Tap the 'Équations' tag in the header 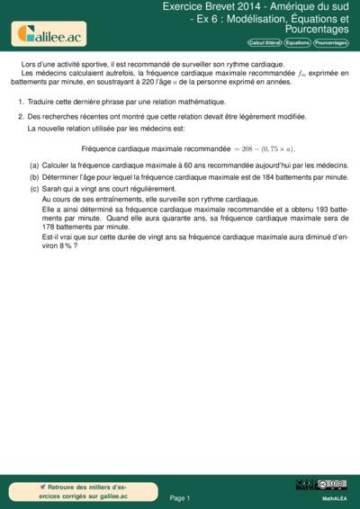(297, 43)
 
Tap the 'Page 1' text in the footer (180, 496)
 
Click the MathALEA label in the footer (334, 497)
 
